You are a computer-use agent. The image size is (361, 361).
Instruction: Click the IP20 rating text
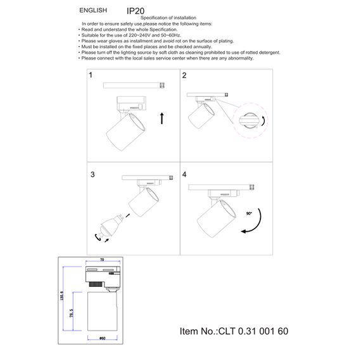point(136,11)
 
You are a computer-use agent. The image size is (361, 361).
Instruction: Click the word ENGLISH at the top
point(93,11)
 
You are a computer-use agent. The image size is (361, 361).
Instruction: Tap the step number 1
point(91,75)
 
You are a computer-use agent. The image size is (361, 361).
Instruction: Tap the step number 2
point(184,75)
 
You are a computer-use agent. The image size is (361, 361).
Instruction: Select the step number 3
point(92,174)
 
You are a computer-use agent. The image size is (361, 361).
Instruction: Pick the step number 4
point(184,174)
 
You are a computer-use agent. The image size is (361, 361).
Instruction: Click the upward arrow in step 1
point(162,118)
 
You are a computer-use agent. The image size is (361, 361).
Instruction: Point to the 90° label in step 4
point(250,215)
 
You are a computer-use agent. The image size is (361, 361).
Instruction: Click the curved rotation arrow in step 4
point(256,226)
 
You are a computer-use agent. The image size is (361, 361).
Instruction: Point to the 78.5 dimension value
point(72,314)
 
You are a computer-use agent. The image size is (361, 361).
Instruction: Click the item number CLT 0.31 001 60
point(253,331)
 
